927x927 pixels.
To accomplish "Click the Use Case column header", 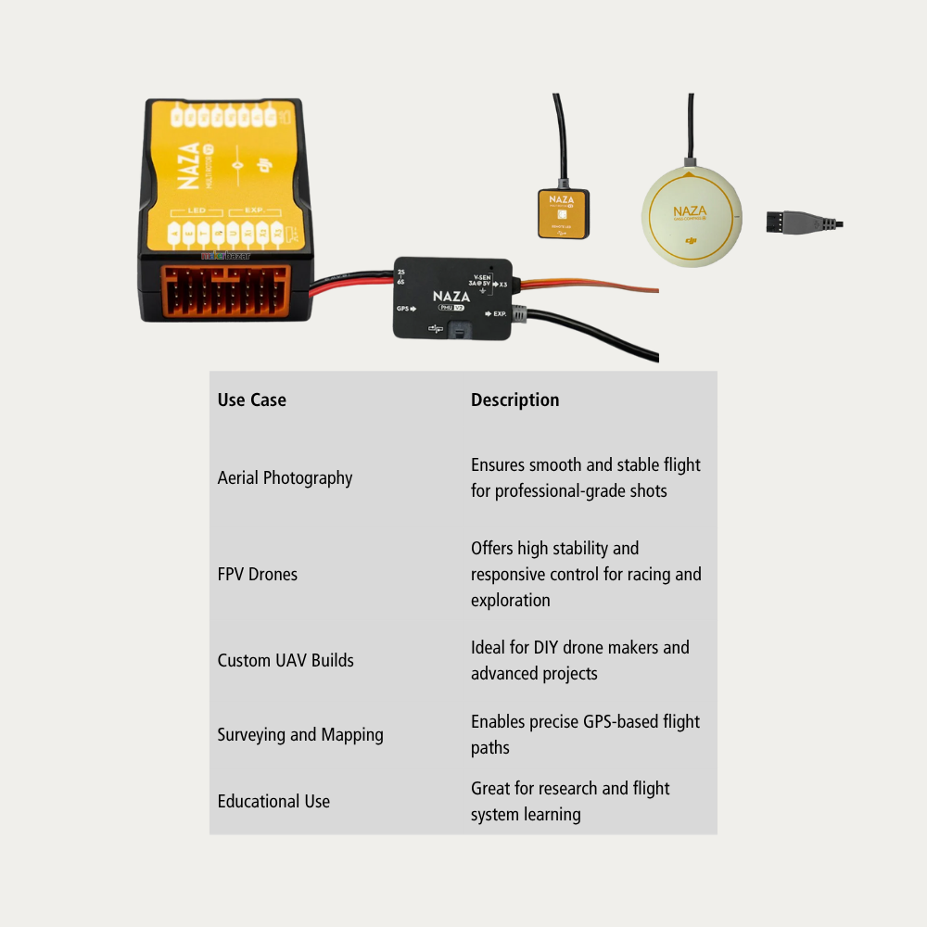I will tap(251, 400).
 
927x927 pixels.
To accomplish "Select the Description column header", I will tap(514, 400).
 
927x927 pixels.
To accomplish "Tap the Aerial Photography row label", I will tap(285, 478).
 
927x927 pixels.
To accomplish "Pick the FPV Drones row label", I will tap(257, 575).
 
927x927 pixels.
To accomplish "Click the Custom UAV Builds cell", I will tap(285, 661).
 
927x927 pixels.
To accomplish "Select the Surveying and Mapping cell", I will tap(299, 735).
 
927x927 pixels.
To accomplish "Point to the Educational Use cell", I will tap(273, 802).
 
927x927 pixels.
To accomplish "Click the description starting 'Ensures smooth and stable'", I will tap(585, 478).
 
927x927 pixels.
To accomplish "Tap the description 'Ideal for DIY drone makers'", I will tap(579, 661).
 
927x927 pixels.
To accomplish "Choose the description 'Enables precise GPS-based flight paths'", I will tap(585, 735).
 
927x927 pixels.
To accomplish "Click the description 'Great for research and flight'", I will tap(569, 802).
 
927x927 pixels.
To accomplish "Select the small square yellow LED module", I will tap(563, 213).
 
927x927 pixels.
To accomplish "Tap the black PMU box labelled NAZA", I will tap(451, 297).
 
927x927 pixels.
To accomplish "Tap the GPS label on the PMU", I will tap(403, 309).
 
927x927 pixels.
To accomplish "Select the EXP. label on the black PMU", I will tap(498, 314).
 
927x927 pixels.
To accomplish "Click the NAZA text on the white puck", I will tap(690, 212).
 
